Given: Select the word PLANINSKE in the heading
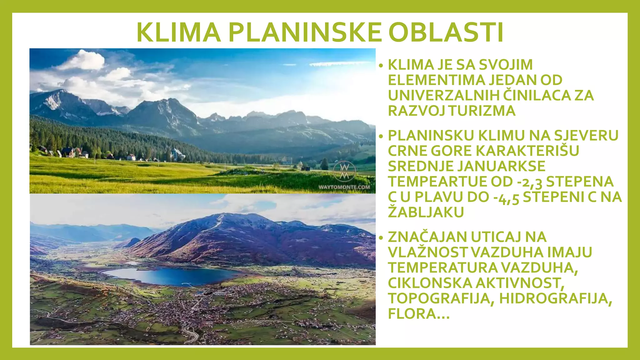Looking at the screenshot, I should coord(305,32).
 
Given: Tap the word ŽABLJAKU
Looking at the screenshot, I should coord(426,212).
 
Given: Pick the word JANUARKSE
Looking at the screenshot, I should coord(502,166).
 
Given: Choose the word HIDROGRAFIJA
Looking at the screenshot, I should coord(555,298).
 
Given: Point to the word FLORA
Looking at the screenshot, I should coord(412,314).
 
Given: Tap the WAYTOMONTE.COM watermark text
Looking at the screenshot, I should coord(344,187).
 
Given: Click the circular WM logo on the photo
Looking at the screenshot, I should coord(344,172).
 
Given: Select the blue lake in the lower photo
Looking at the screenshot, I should coord(172,276).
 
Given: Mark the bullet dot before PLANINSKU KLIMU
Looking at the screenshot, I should coord(381,136).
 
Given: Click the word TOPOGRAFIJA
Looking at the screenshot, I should coord(441,298).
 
